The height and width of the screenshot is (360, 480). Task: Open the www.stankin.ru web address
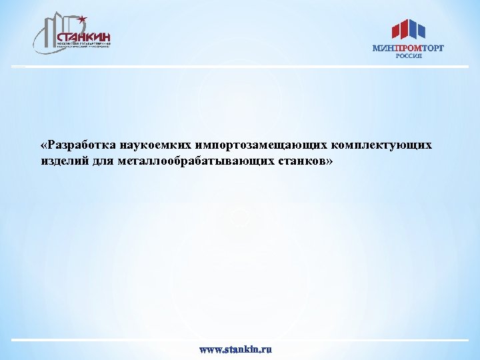point(237,349)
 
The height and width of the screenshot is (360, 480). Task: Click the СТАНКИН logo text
point(83,37)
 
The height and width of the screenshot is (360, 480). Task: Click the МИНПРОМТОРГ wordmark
point(407,48)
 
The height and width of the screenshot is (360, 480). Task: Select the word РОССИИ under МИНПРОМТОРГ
point(408,57)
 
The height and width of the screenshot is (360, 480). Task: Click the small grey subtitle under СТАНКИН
point(83,45)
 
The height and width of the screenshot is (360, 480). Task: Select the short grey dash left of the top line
point(18,67)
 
